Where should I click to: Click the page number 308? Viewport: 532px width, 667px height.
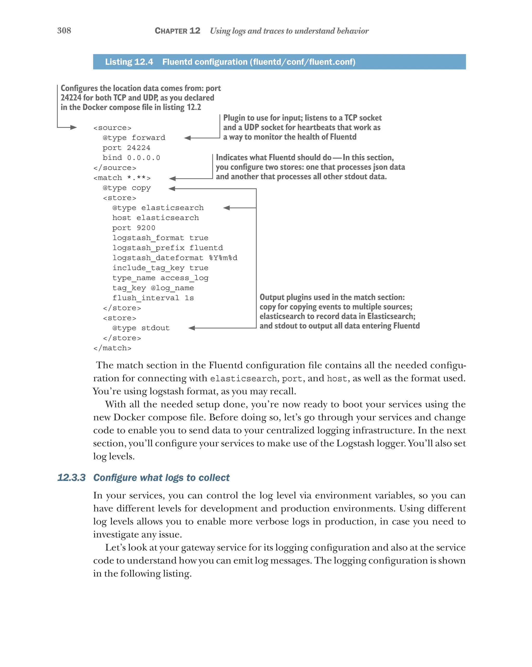tap(64, 30)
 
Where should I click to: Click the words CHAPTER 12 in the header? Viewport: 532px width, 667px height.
tap(177, 31)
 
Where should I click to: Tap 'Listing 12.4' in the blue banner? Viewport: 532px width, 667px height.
tap(129, 62)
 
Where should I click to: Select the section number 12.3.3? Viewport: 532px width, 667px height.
tap(71, 477)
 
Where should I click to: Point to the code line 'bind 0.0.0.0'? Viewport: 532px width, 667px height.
tap(131, 158)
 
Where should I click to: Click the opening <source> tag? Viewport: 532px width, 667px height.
tap(112, 128)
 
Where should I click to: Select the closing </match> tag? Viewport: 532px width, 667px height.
tap(112, 348)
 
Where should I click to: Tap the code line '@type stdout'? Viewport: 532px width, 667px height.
tap(141, 328)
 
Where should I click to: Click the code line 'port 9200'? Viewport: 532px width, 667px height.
tap(134, 228)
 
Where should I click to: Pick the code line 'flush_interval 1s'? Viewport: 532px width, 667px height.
tap(153, 298)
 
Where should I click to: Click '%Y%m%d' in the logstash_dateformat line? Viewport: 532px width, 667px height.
tap(223, 258)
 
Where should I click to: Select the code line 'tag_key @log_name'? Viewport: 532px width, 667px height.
tap(153, 288)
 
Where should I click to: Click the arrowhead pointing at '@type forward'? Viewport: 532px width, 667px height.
tap(187, 138)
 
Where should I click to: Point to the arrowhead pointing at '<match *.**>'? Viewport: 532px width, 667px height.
tap(172, 179)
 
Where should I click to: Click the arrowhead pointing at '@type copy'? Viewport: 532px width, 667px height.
tap(172, 189)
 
